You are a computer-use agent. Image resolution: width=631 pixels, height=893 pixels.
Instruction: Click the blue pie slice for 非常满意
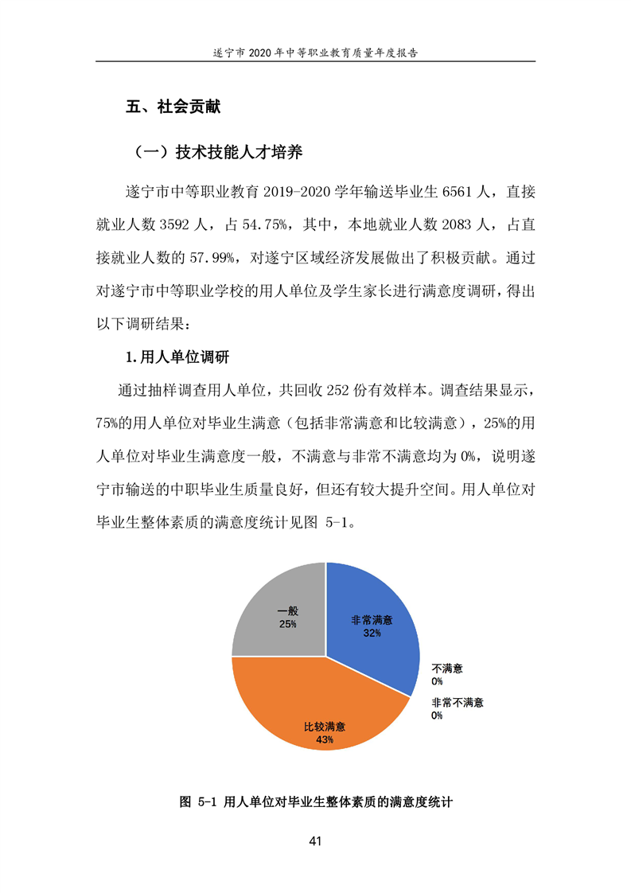[374, 605]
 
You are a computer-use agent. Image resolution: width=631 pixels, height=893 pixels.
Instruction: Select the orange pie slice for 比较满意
[318, 700]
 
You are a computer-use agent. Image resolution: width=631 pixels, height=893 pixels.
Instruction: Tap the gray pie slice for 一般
[271, 605]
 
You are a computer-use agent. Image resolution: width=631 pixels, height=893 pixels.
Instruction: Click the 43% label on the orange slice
[324, 739]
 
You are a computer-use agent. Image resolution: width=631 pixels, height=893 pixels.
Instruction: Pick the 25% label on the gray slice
[287, 625]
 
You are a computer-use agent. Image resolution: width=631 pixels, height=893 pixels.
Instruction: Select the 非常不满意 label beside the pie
[458, 703]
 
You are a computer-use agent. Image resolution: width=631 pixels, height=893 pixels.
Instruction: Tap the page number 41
[315, 841]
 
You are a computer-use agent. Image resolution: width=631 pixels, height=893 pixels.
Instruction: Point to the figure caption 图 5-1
[316, 802]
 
